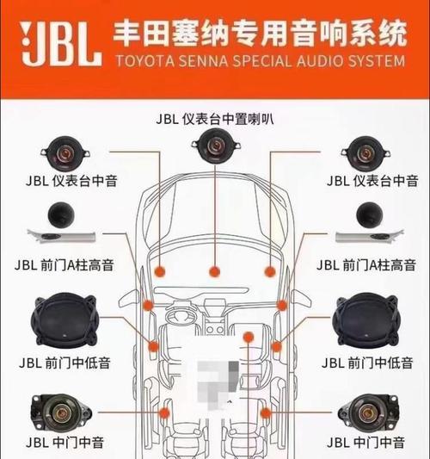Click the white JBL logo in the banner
(61, 43)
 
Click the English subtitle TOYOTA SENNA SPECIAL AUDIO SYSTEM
(261, 61)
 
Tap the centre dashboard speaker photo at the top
(216, 146)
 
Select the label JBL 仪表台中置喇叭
(215, 119)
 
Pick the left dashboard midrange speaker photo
(65, 153)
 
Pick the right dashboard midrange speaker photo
(365, 153)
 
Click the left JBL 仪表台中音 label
(71, 181)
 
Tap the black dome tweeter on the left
(61, 215)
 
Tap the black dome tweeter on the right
(369, 215)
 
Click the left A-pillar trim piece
(61, 236)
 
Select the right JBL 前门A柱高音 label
(366, 265)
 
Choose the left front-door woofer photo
(64, 319)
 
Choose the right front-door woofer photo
(366, 319)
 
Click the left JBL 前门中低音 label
(64, 363)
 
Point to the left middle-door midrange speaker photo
(61, 412)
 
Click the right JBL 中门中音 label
(365, 443)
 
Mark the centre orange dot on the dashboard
(214, 271)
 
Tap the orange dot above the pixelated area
(249, 338)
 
